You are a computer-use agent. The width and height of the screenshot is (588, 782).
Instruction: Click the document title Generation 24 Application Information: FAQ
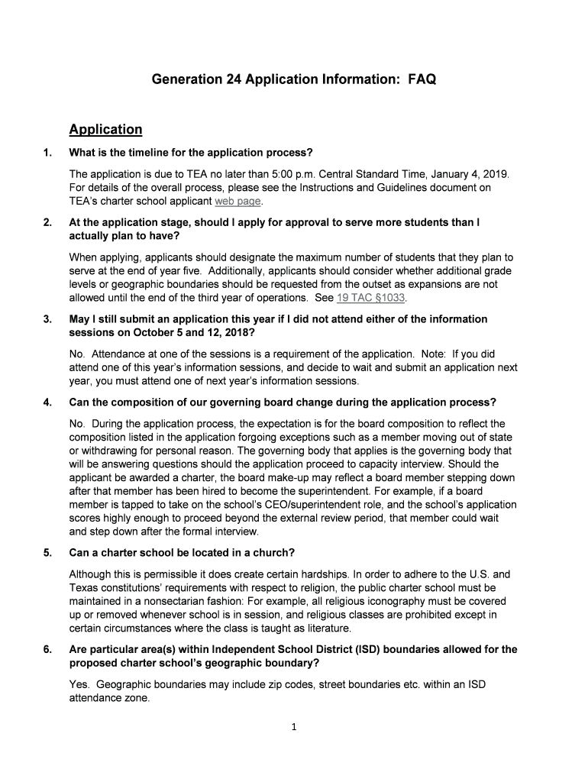pyautogui.click(x=293, y=79)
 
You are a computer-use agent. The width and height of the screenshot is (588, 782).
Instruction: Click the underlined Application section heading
pyautogui.click(x=105, y=129)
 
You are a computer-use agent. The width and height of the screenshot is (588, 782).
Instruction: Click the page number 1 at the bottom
pyautogui.click(x=293, y=726)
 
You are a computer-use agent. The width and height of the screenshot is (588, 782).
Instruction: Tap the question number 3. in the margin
pyautogui.click(x=47, y=318)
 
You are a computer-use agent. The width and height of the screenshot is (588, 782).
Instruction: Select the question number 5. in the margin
pyautogui.click(x=47, y=552)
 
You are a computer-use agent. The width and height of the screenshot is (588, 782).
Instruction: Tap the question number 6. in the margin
pyautogui.click(x=47, y=650)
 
